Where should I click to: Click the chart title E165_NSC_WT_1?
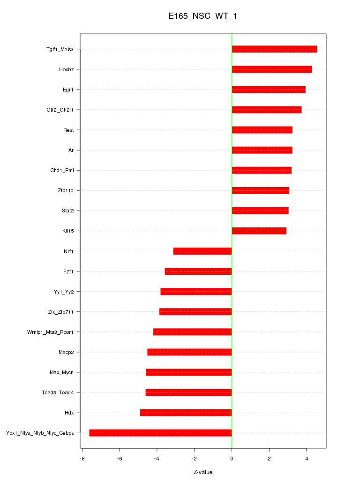pyautogui.click(x=203, y=16)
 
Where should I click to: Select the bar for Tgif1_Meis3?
pyautogui.click(x=274, y=49)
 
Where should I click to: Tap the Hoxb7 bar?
pyautogui.click(x=271, y=69)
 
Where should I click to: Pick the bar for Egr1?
pyautogui.click(x=269, y=90)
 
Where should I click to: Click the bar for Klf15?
pyautogui.click(x=259, y=231)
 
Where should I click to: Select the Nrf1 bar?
pyautogui.click(x=202, y=251)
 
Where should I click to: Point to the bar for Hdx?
pyautogui.click(x=186, y=413)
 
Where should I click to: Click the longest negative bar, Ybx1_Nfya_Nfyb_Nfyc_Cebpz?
pyautogui.click(x=160, y=433)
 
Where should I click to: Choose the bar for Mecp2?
pyautogui.click(x=189, y=352)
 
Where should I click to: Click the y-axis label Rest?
pyautogui.click(x=68, y=130)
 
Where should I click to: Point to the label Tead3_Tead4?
pyautogui.click(x=58, y=392)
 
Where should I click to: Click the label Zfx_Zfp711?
pyautogui.click(x=61, y=312)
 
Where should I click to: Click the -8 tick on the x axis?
pyautogui.click(x=82, y=458)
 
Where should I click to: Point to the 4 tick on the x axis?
pyautogui.click(x=307, y=458)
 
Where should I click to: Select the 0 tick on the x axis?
pyautogui.click(x=232, y=458)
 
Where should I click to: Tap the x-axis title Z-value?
pyautogui.click(x=203, y=472)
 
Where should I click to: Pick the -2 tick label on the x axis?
pyautogui.click(x=194, y=458)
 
